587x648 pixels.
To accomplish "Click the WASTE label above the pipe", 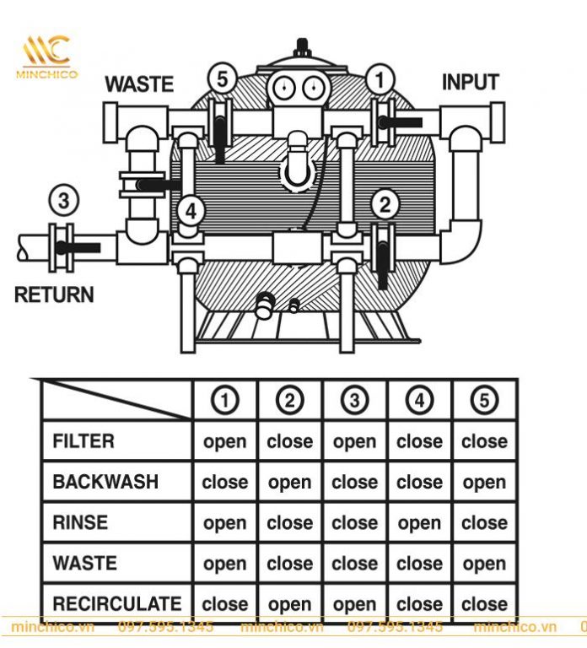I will tap(139, 84).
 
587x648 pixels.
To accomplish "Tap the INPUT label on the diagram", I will tap(470, 83).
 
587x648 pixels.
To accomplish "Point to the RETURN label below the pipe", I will tap(54, 295).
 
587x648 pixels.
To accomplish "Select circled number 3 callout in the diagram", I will tap(64, 202).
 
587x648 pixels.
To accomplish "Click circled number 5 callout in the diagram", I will tap(222, 80).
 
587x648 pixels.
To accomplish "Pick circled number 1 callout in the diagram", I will tap(380, 80).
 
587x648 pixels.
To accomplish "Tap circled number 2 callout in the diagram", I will tap(385, 203).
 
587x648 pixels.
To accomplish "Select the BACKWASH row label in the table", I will tap(105, 482).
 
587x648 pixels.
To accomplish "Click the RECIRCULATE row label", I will tap(116, 604).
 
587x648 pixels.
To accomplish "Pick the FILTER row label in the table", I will tap(83, 441).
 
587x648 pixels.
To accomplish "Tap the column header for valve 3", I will tap(354, 400).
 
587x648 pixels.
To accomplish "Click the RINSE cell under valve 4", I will tap(419, 523).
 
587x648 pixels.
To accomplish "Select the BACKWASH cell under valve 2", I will tap(289, 483).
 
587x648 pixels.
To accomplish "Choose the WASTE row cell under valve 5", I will tap(484, 564).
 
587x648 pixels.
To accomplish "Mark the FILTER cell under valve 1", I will tap(225, 442).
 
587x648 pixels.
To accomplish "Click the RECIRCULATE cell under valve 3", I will tap(354, 605).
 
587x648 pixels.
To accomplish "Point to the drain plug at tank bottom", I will tap(265, 303).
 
